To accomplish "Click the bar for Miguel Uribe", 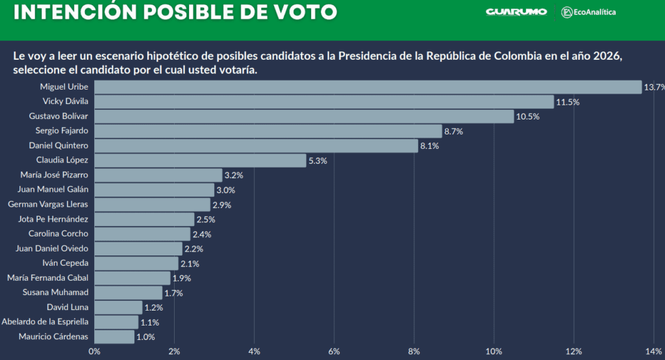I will (x=368, y=87).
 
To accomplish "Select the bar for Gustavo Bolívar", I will (x=304, y=116).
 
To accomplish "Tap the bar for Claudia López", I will (x=200, y=161).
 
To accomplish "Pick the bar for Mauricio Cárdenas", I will (x=114, y=337).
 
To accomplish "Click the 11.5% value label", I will (x=568, y=102).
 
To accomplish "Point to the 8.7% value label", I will (x=457, y=131).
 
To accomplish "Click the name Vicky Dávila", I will (x=65, y=101).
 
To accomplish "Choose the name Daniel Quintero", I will (x=58, y=146).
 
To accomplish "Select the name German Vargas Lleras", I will (x=48, y=204).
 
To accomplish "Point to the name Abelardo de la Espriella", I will (x=45, y=322).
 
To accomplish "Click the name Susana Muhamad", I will (x=55, y=292).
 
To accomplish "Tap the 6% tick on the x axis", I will (x=334, y=352).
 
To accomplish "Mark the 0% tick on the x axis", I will (x=94, y=352).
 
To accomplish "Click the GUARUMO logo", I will (x=516, y=12).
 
